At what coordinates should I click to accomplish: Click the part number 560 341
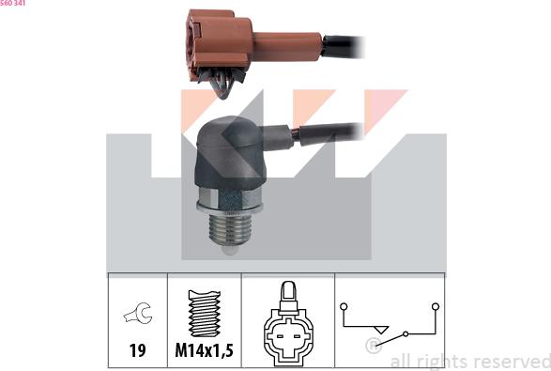tap(12, 3)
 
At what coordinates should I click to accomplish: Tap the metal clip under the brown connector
tap(222, 82)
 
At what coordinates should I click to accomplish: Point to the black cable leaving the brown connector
tap(343, 46)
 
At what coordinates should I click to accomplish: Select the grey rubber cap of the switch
tap(228, 152)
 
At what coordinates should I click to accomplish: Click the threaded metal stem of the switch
tap(230, 230)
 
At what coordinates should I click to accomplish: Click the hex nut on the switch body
tap(230, 200)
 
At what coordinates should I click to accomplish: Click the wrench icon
tap(138, 313)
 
